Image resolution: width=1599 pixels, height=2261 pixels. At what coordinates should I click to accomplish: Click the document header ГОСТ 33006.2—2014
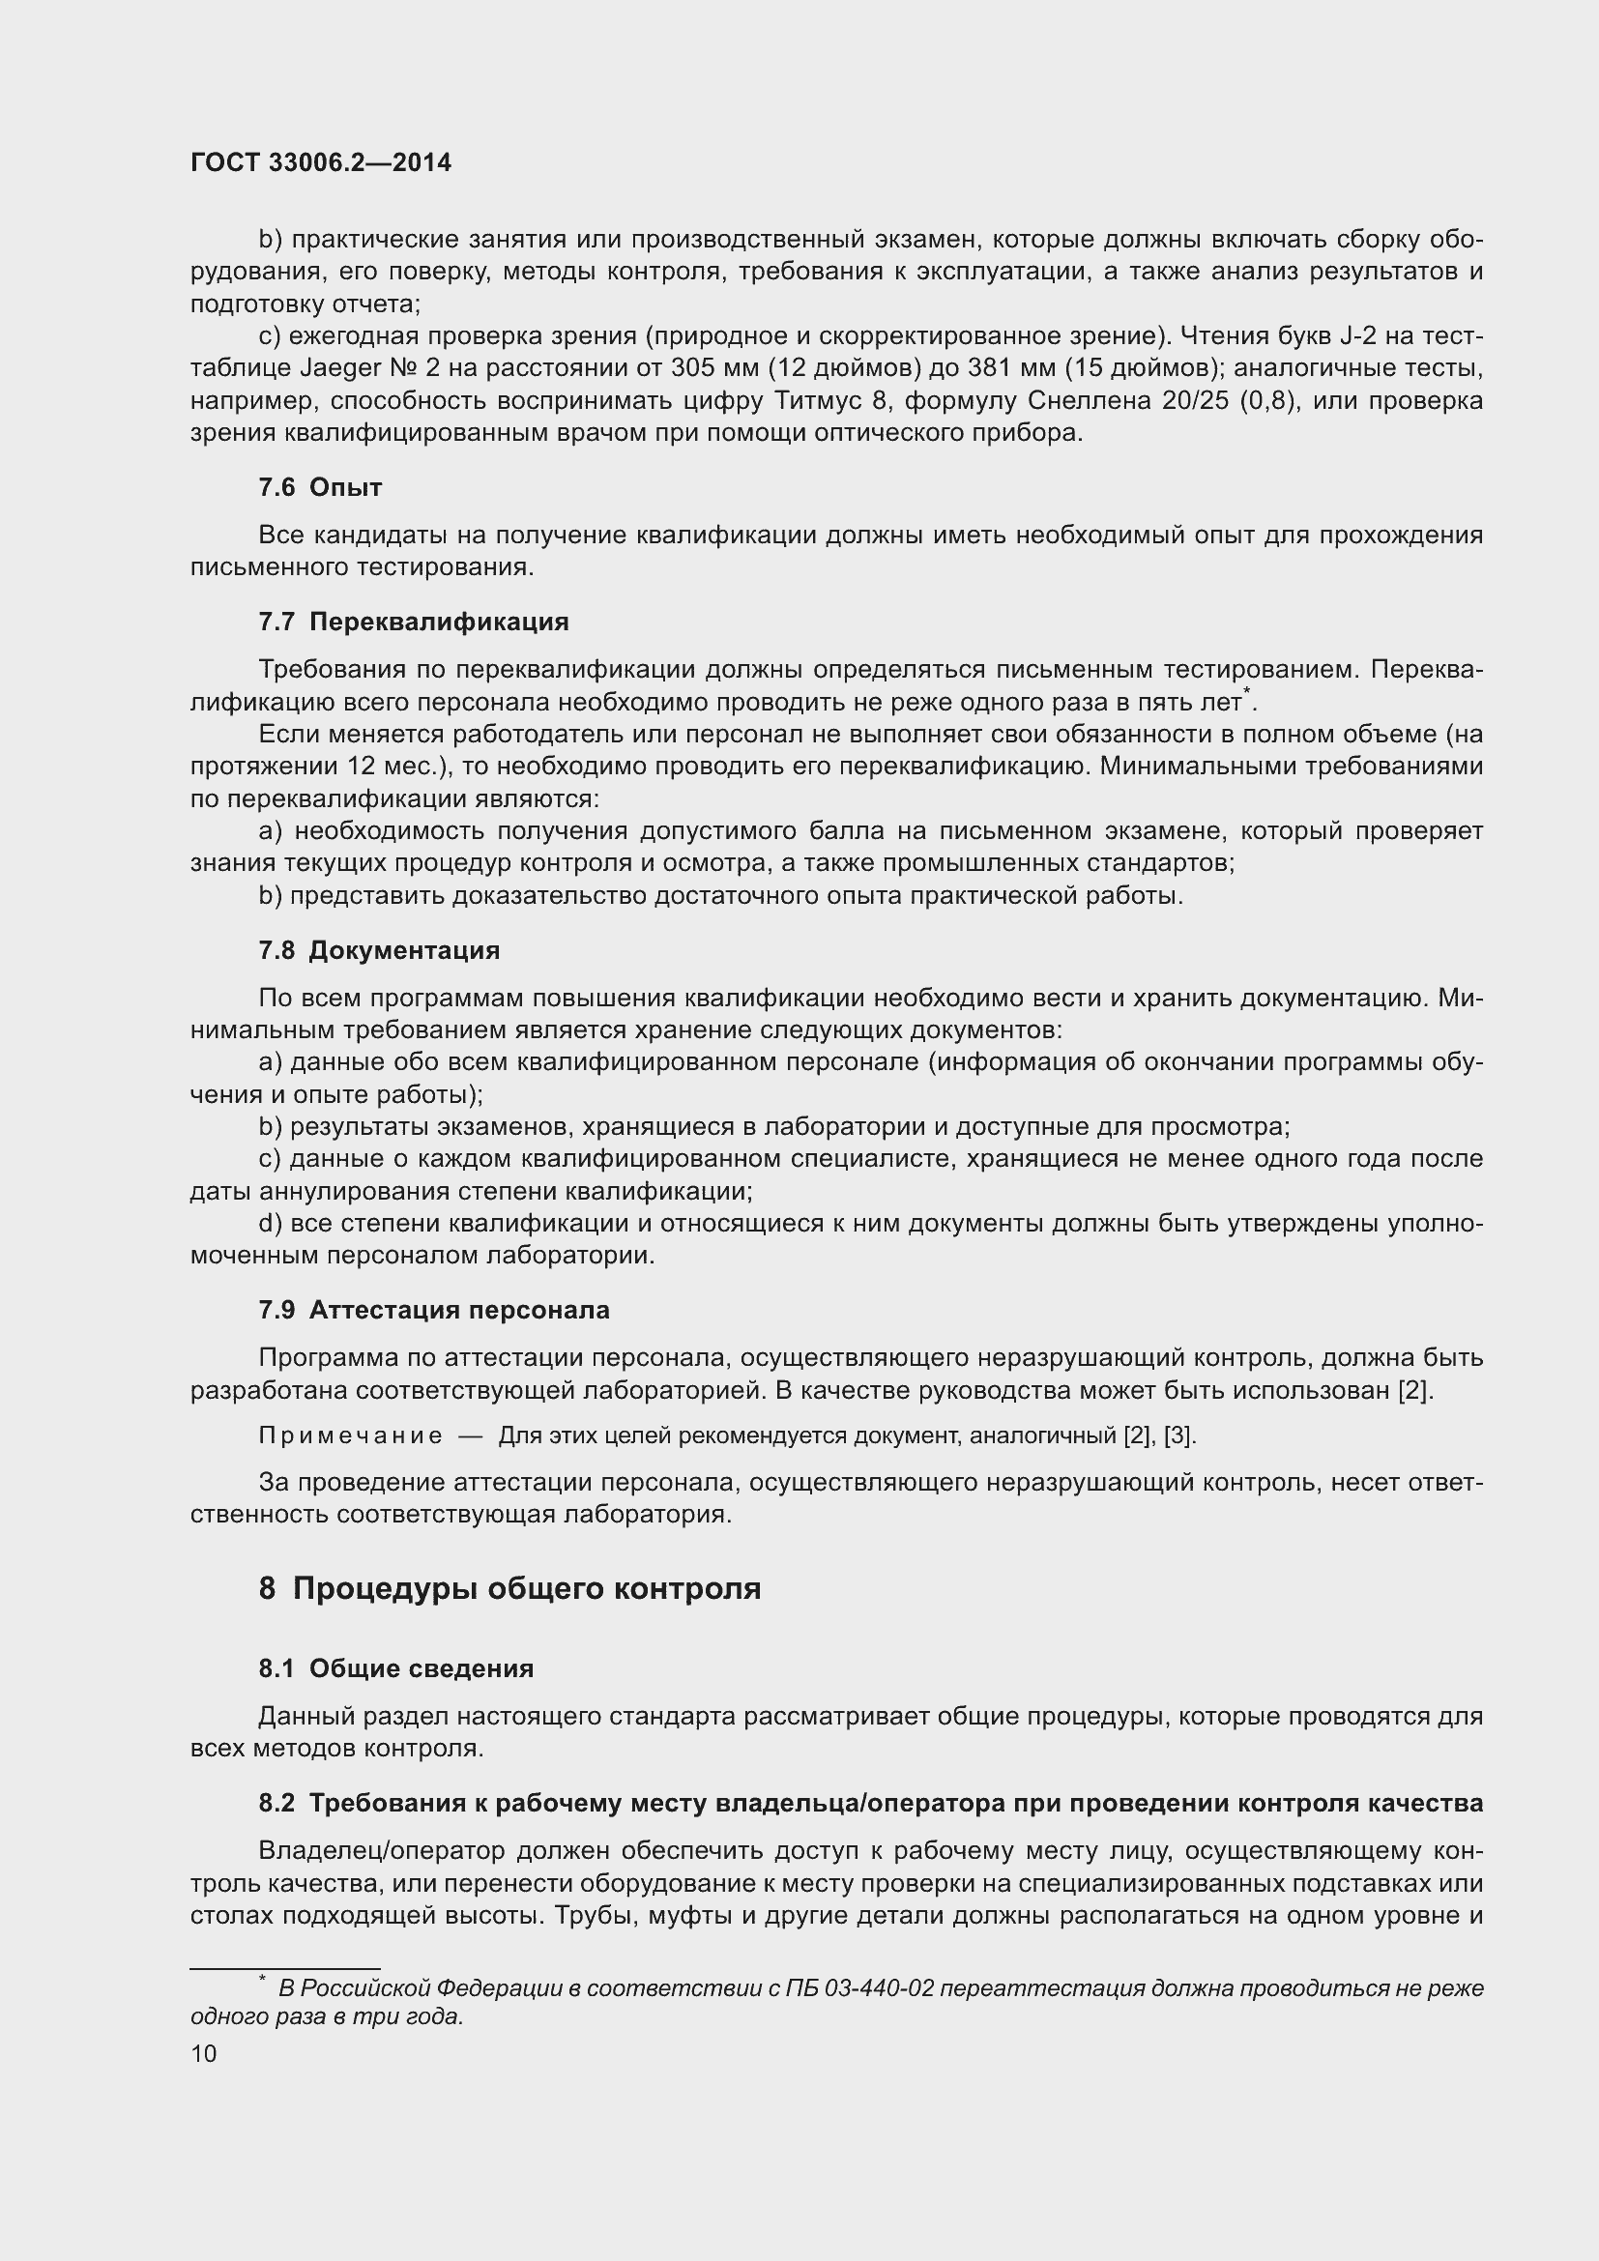(321, 163)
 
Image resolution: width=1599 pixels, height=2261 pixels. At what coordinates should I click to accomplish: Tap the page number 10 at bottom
(204, 2053)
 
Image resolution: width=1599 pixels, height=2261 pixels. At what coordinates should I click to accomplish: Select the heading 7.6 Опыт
(320, 487)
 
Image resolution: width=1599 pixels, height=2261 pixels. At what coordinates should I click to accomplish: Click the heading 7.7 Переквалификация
(414, 622)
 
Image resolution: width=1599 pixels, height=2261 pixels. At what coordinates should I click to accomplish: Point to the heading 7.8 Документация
(379, 950)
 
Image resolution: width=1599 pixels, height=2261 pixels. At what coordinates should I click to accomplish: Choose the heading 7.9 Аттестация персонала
(433, 1310)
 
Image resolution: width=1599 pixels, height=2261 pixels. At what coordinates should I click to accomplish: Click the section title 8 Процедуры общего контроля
(509, 1588)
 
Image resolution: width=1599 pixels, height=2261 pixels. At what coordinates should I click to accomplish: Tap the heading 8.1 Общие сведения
(395, 1668)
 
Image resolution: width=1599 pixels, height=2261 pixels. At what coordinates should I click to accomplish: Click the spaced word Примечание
(351, 1435)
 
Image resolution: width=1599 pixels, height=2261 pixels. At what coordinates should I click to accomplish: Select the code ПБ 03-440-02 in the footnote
(858, 1988)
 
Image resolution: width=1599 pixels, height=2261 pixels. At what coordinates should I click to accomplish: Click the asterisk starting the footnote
(262, 1980)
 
